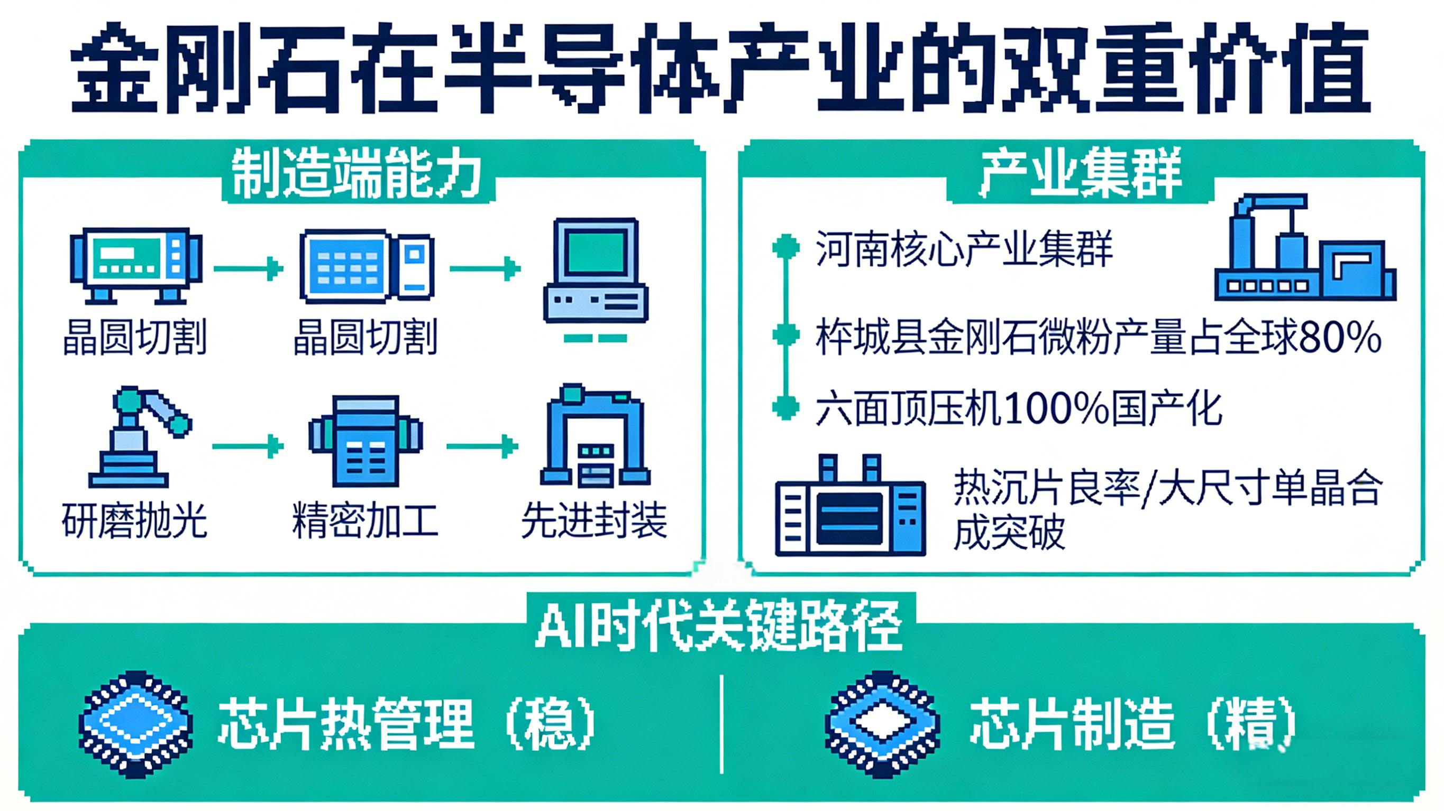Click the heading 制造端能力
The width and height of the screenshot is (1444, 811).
(357, 173)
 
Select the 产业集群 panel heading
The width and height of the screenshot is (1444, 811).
(1080, 173)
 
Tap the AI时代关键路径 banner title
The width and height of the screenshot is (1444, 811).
(719, 626)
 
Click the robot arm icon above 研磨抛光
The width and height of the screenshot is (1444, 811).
(140, 436)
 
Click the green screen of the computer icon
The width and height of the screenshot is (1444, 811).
(596, 251)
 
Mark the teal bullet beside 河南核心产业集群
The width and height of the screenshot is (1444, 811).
(786, 247)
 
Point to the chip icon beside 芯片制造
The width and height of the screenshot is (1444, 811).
(882, 724)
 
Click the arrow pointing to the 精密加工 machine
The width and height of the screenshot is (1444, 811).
(248, 446)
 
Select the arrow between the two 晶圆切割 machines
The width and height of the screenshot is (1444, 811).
(248, 269)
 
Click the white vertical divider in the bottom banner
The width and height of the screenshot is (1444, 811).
(721, 724)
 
